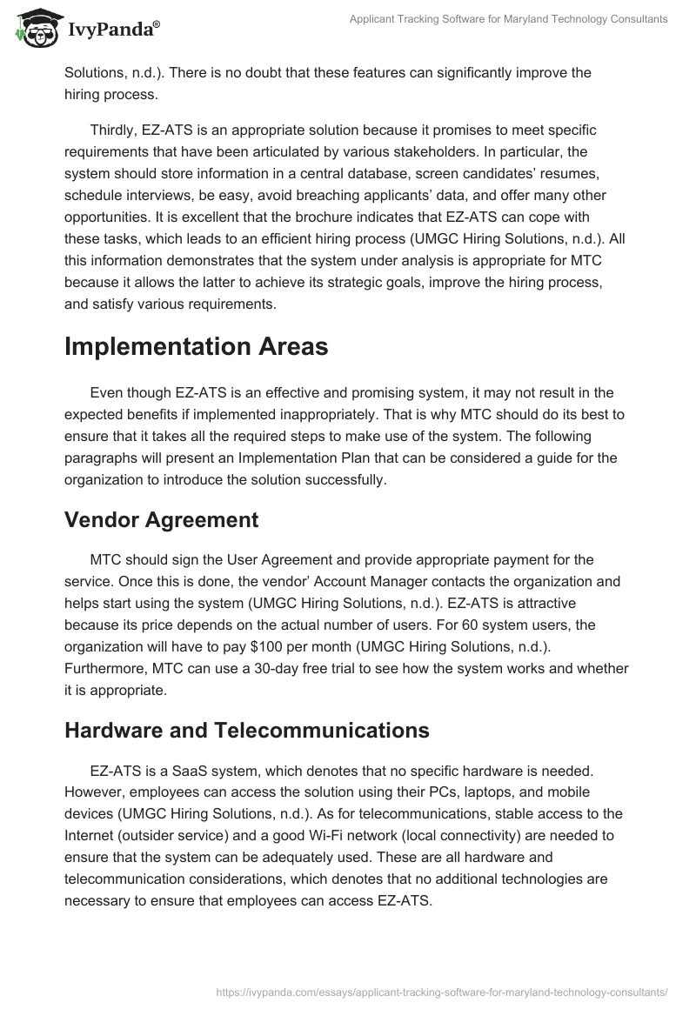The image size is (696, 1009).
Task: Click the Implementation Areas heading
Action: (x=196, y=347)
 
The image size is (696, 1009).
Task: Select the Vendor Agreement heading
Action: (x=161, y=520)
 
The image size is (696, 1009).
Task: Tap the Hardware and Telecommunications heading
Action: (x=247, y=731)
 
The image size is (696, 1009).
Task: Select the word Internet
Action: (x=90, y=836)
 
